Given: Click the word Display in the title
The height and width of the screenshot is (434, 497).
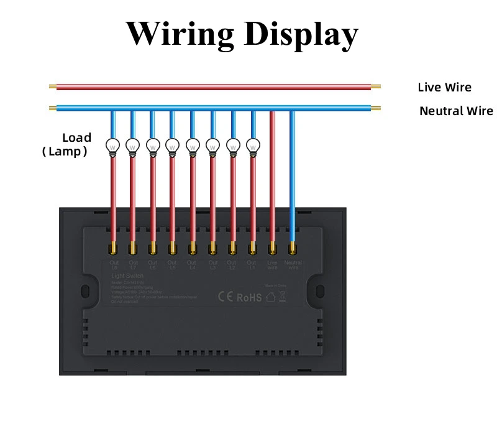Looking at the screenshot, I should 301,34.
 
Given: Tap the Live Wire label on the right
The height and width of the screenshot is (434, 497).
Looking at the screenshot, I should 444,88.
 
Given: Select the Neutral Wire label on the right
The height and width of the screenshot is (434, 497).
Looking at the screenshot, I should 456,111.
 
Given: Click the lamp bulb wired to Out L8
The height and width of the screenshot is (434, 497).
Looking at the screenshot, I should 112,145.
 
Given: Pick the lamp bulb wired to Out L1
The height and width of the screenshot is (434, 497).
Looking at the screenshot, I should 252,145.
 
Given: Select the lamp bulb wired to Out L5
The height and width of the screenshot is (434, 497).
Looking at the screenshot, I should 172,145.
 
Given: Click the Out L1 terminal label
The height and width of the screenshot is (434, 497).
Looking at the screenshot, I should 252,265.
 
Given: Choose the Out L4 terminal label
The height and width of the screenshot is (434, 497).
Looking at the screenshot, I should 192,265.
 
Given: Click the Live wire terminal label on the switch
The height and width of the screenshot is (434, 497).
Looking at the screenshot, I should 272,265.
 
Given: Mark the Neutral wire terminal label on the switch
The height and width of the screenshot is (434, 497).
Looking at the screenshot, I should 293,265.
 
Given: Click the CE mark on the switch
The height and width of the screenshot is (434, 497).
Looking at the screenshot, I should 225,297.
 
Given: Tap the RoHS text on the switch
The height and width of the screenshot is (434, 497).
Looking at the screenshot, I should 250,297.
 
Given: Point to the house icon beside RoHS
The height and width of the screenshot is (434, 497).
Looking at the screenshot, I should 271,297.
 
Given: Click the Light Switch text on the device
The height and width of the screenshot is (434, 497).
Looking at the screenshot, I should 127,275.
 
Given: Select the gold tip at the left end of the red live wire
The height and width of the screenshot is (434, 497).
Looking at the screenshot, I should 53,88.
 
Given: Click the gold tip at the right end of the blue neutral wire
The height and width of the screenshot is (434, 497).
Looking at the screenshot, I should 376,109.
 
